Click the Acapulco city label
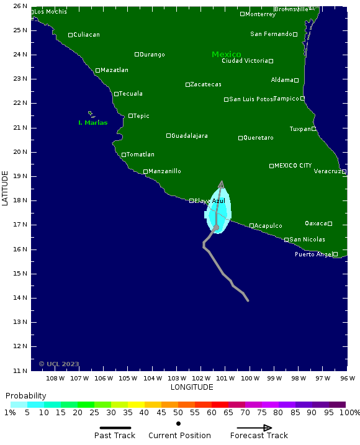coord(268,226)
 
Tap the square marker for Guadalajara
coord(168,135)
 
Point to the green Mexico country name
coord(226,55)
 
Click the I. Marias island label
coord(92,123)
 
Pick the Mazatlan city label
coord(114,70)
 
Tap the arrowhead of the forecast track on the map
coord(222,184)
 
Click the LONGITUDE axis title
coord(192,387)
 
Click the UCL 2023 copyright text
coord(59,364)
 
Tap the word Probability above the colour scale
coord(25,396)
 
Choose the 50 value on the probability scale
coord(178,413)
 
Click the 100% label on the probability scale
coord(349,413)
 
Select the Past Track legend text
coord(115,436)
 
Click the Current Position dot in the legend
coord(179,424)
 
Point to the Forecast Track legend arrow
coord(254,428)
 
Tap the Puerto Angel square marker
coord(335,254)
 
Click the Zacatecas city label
coord(205,84)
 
